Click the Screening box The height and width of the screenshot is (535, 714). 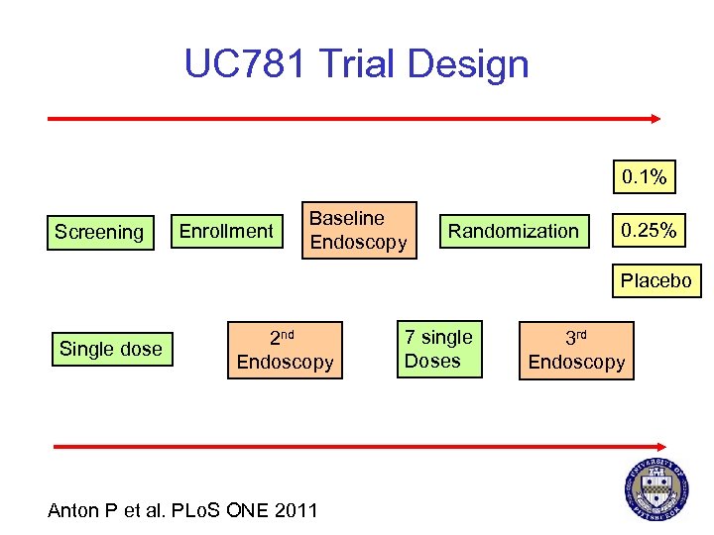(99, 232)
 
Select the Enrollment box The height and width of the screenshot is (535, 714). (225, 231)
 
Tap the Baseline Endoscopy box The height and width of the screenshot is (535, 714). (358, 230)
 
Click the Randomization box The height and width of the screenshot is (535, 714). (513, 231)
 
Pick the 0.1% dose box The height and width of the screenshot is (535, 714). (644, 178)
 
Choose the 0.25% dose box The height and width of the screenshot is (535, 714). (649, 231)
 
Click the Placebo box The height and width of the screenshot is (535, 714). (655, 281)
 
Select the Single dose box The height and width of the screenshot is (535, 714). (111, 349)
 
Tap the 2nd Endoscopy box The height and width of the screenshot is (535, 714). (286, 350)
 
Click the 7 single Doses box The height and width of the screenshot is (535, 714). (438, 349)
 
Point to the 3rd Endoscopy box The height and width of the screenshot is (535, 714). (576, 350)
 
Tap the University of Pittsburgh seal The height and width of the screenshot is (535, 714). (655, 490)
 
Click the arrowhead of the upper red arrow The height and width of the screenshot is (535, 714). (654, 118)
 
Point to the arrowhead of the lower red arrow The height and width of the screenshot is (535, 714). (660, 447)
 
